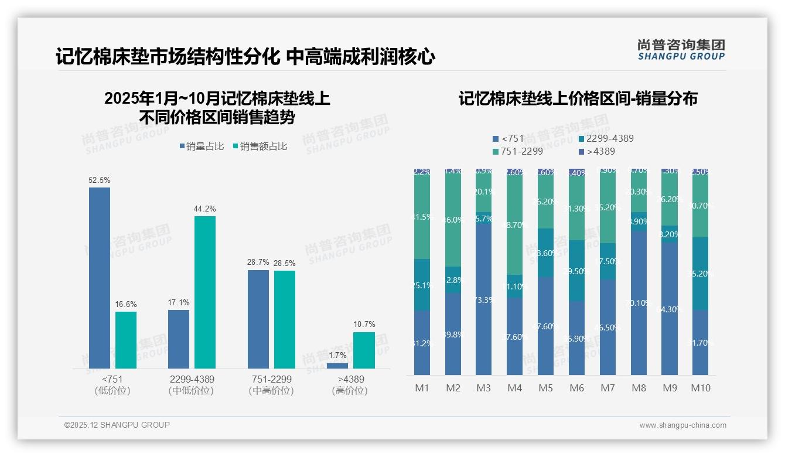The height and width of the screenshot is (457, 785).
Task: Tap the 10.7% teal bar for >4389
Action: click(364, 350)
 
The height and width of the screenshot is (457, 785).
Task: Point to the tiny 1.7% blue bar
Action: click(337, 366)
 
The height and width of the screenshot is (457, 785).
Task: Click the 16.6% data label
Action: click(126, 304)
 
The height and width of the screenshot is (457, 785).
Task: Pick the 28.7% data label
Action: click(258, 262)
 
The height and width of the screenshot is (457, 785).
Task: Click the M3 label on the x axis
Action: click(483, 388)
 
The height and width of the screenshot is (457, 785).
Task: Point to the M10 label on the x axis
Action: click(700, 388)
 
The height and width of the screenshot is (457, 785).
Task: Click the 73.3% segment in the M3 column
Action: click(483, 299)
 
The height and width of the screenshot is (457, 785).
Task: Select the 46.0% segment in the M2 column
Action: click(453, 220)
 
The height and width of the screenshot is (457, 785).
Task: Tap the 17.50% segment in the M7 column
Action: click(607, 261)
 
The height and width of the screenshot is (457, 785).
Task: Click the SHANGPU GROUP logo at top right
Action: click(681, 50)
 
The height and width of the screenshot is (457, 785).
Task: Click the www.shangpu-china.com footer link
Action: click(682, 425)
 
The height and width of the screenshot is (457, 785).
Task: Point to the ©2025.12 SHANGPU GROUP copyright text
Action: click(117, 425)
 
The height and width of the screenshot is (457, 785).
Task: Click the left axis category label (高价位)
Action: click(350, 391)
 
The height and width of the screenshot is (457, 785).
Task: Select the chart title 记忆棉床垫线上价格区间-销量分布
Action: click(578, 98)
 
